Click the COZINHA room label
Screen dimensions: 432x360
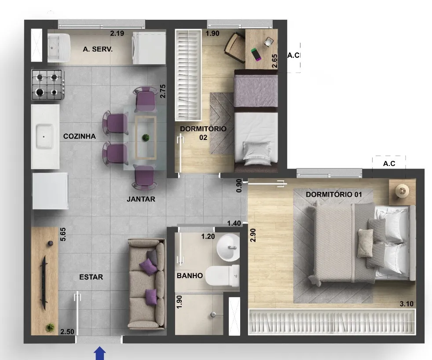pos(79,136)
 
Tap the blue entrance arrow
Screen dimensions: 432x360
pos(100,353)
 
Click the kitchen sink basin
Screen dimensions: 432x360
pos(44,136)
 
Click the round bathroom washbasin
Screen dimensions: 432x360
pos(228,247)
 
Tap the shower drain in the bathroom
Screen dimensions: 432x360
pos(213,315)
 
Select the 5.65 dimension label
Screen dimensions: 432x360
pos(63,234)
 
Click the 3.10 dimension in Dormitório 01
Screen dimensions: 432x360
pos(406,304)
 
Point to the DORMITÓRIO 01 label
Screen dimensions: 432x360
pos(333,195)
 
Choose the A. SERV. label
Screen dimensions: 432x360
pos(98,49)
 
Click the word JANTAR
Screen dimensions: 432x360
pos(141,199)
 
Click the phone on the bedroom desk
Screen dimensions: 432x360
pos(256,54)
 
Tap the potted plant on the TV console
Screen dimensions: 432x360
pos(50,327)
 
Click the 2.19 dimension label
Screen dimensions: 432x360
pos(117,33)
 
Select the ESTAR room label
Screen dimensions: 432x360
pos(91,277)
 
